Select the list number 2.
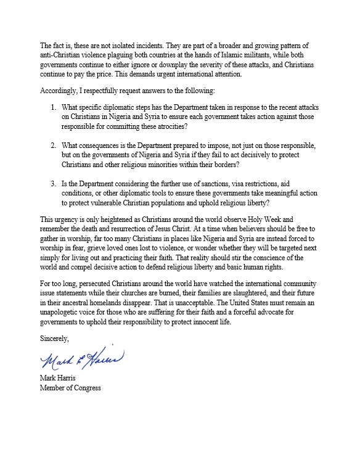54,146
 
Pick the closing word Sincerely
55,339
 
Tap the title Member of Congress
70,388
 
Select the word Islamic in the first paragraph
229,56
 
